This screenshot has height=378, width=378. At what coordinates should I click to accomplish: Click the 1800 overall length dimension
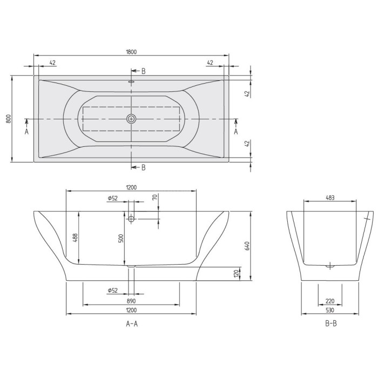point(131,52)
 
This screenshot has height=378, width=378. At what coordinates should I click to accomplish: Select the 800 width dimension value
point(8,118)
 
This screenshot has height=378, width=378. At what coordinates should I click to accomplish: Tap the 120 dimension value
point(236,273)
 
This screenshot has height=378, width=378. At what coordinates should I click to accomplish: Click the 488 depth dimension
point(76,238)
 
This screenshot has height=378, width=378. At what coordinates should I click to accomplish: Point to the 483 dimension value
point(330,198)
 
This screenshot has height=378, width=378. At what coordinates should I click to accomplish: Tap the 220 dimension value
point(330,301)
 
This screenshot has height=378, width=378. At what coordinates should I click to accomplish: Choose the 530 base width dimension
point(330,310)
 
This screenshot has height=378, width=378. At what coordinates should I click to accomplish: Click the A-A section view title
point(131,324)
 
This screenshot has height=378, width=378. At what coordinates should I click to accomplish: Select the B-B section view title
point(330,324)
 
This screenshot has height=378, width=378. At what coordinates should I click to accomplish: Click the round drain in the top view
point(131,119)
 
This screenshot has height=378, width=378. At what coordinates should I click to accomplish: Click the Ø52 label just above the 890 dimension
point(113,291)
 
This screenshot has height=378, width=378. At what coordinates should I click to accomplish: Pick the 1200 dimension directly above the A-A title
point(131,310)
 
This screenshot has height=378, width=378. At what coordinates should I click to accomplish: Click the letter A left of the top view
point(26,131)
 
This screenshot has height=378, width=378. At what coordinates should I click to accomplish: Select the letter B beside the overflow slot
point(143,71)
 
